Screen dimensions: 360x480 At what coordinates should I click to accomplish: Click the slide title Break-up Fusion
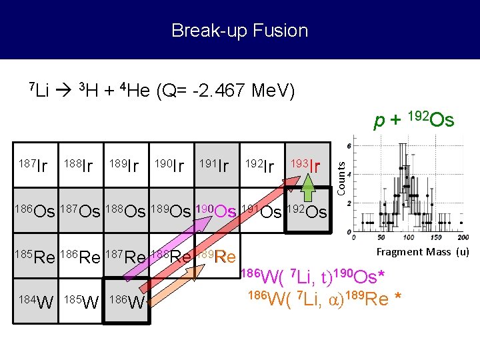point(239,31)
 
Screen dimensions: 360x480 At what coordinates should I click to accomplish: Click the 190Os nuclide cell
point(215,211)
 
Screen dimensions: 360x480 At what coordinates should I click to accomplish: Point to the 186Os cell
point(35,211)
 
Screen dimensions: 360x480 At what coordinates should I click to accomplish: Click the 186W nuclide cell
point(127,302)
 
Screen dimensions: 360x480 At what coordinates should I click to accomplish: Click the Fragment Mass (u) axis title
point(423,251)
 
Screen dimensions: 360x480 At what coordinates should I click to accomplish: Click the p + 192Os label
point(413,120)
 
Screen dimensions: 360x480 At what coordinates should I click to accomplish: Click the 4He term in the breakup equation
point(133,90)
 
